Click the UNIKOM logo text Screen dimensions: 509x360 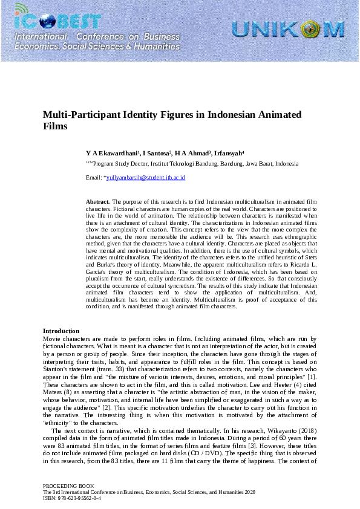tap(287, 28)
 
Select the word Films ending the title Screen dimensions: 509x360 tap(54, 127)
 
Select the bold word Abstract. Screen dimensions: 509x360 tap(97, 201)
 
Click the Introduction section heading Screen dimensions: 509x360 tap(61, 331)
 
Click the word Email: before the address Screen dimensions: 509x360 tap(94, 178)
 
